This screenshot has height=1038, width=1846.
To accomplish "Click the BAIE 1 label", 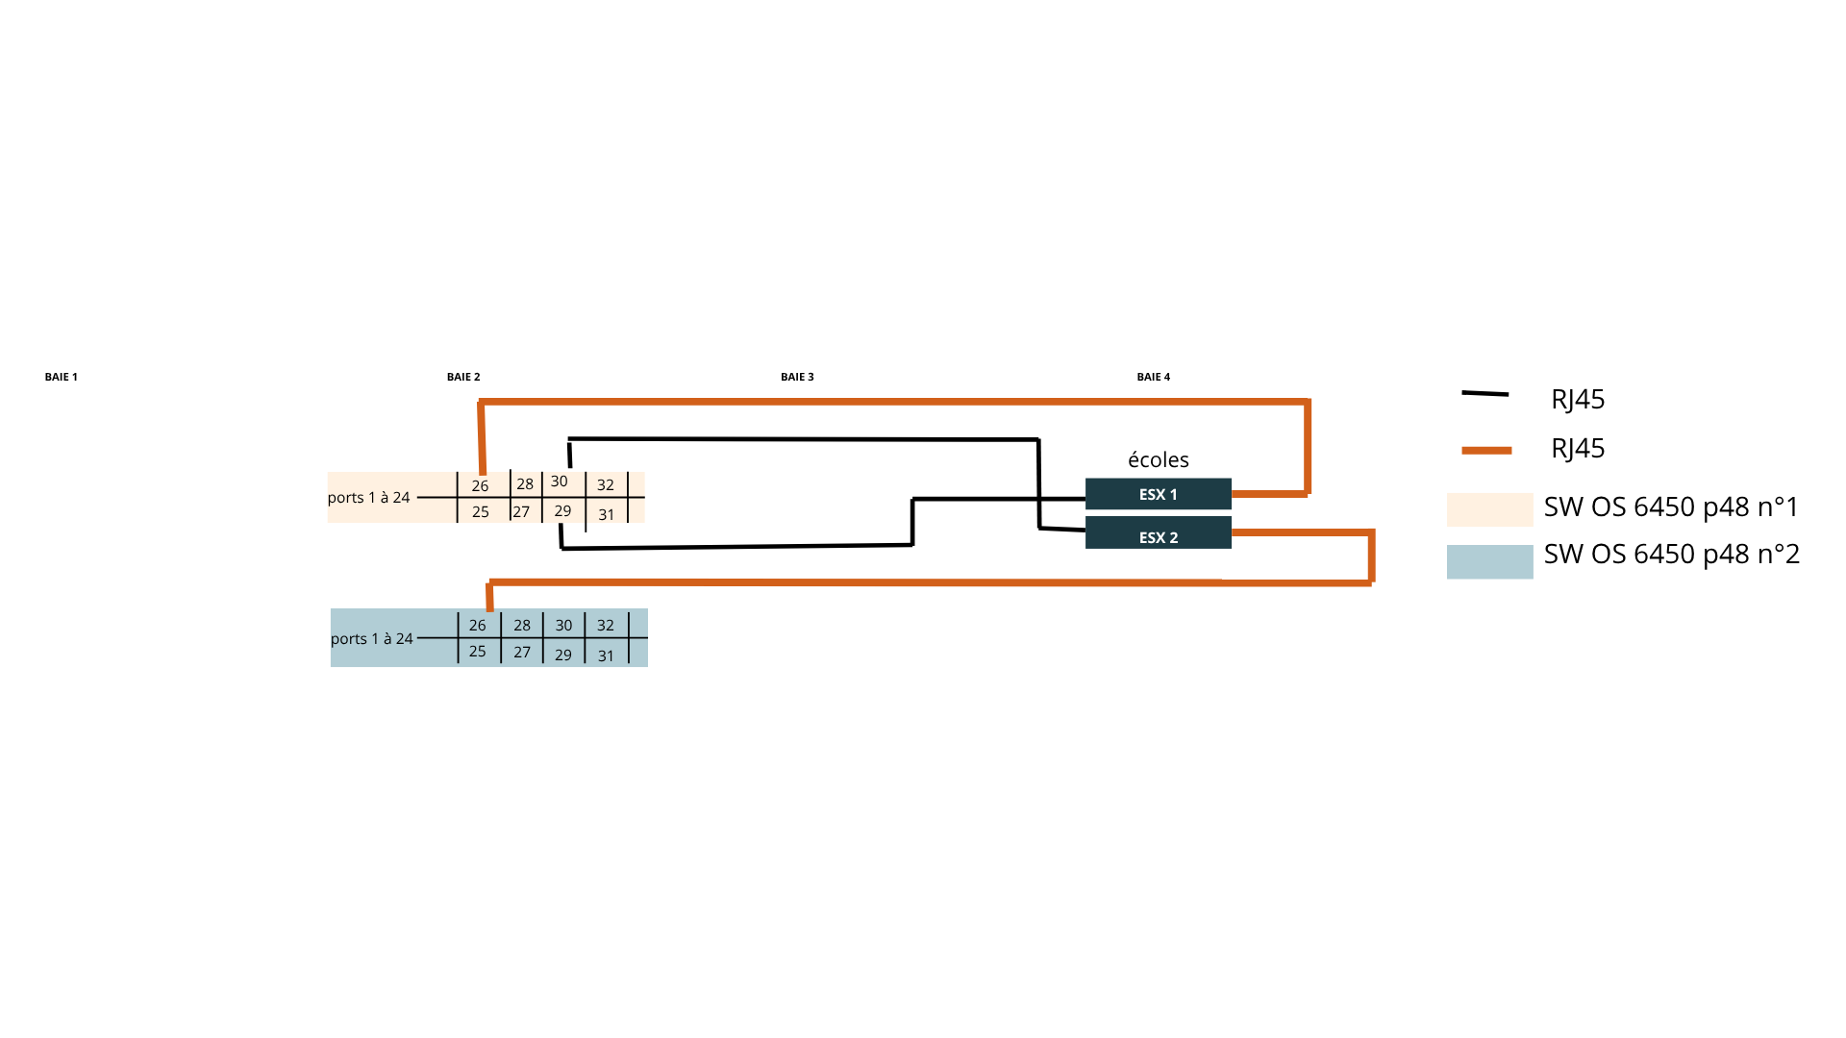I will [61, 377].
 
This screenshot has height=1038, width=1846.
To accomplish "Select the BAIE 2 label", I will [463, 377].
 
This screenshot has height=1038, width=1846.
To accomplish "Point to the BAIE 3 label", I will [797, 377].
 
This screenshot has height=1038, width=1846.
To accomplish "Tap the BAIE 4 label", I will [1153, 377].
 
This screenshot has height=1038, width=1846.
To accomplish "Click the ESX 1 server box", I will [1158, 494].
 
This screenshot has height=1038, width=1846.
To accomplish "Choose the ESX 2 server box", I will [1158, 533].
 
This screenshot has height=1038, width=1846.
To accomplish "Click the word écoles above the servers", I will [1158, 459].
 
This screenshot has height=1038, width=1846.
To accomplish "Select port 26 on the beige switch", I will [480, 485].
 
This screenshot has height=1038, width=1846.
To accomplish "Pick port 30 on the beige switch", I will [560, 482].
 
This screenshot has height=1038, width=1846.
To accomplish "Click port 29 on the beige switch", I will [562, 511].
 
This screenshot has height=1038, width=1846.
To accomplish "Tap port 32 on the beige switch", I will [605, 485].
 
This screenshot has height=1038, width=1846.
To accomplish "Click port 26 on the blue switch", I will [478, 625].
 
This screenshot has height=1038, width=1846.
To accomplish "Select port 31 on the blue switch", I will [606, 655].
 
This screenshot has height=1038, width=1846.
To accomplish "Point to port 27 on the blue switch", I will [522, 652].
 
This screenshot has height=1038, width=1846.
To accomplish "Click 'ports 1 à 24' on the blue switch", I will [372, 638].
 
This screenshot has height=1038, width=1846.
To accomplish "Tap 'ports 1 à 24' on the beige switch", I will [369, 497].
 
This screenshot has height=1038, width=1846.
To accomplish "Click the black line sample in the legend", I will [1484, 393].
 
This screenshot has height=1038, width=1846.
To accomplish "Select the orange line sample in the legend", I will [1486, 450].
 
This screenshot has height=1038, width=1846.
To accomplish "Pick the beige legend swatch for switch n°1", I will [1489, 509].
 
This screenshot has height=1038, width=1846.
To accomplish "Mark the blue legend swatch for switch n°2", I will [1489, 561].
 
